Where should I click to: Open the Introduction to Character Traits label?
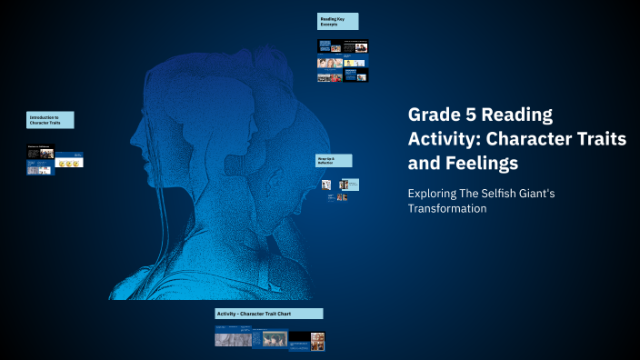click(x=50, y=120)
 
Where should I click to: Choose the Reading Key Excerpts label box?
click(x=337, y=21)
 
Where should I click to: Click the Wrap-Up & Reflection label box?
click(x=334, y=160)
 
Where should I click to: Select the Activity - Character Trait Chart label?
click(x=269, y=314)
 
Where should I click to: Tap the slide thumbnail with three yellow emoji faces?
click(x=69, y=162)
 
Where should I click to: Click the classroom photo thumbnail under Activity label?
click(x=270, y=338)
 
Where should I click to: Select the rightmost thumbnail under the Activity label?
click(x=317, y=341)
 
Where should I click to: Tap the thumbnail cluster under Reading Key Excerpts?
click(x=343, y=60)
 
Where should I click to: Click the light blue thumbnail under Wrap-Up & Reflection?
click(x=353, y=185)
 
